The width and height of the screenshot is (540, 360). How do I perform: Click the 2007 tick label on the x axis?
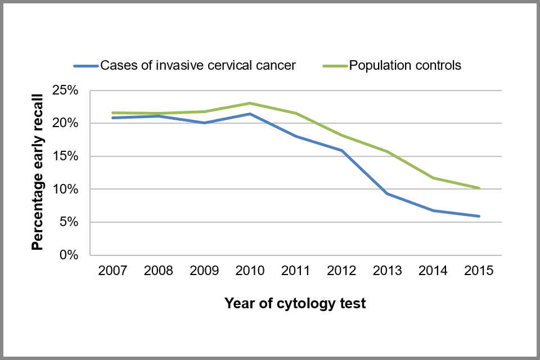(112, 271)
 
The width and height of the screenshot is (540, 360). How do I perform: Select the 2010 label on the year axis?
(250, 271)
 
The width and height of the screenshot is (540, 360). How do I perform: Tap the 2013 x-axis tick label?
(387, 271)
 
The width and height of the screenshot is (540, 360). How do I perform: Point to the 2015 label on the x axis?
(479, 271)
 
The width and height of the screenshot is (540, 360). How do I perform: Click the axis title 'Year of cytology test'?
(295, 304)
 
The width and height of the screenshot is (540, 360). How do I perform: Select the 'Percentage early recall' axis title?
(38, 173)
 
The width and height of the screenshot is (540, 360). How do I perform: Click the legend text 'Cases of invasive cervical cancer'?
(197, 65)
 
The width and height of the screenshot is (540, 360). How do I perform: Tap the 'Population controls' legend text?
(405, 65)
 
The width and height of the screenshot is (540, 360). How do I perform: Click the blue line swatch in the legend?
(86, 66)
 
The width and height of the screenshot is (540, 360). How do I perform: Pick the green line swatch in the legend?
(335, 66)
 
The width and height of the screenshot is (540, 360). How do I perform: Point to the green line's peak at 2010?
(250, 103)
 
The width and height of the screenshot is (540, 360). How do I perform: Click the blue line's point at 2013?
(387, 193)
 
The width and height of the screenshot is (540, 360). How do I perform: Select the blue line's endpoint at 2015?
(479, 216)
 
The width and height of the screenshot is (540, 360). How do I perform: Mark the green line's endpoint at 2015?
(479, 188)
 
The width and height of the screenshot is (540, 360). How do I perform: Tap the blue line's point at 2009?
(204, 123)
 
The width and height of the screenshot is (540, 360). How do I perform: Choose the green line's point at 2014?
(433, 178)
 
